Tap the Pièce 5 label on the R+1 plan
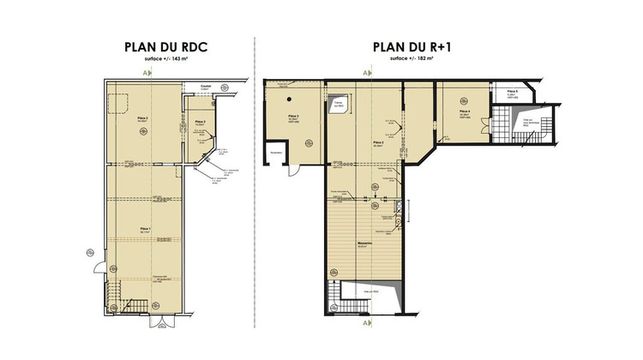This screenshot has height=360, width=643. [511, 90]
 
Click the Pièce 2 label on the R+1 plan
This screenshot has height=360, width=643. [378, 143]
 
